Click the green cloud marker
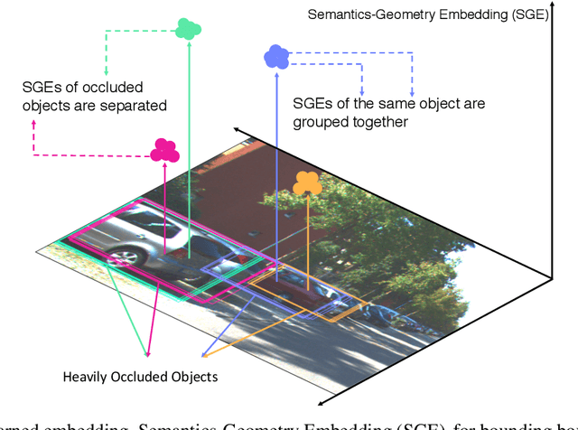(x=188, y=27)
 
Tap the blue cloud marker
(x=276, y=57)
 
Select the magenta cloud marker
(x=164, y=150)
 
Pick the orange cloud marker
(x=308, y=183)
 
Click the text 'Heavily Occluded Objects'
(x=140, y=375)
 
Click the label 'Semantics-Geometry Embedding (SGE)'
(x=427, y=14)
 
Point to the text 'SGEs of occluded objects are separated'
(x=95, y=97)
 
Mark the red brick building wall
(x=262, y=181)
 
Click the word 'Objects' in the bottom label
(x=195, y=375)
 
